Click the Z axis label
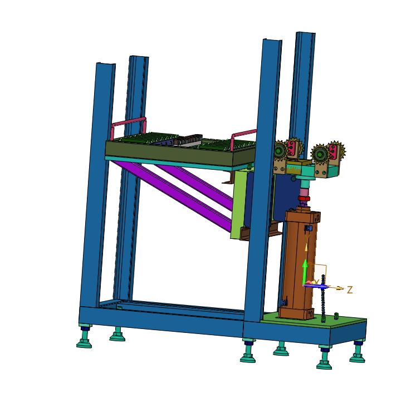point(350,289)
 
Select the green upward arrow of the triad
point(305,272)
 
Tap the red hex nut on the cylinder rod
point(304,198)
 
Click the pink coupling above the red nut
point(304,191)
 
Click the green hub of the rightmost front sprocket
point(321,154)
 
